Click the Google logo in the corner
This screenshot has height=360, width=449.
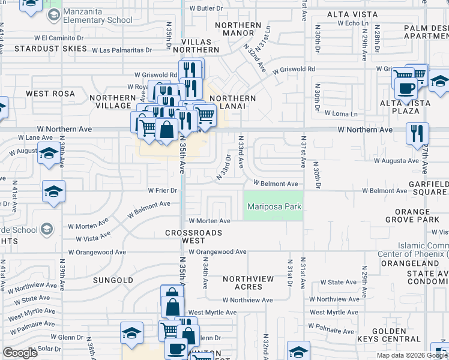pyautogui.click(x=20, y=353)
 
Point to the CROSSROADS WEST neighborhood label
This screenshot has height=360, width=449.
pyautogui.click(x=194, y=236)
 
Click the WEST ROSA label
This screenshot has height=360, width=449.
pyautogui.click(x=50, y=94)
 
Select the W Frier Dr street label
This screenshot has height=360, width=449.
pyautogui.click(x=163, y=191)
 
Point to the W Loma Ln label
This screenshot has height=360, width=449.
pyautogui.click(x=341, y=113)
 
